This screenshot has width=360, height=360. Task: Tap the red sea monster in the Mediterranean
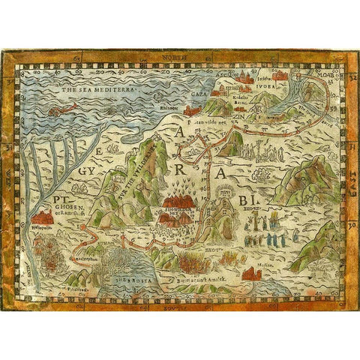pos(61,110)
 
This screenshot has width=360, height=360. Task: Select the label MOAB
pos(332,77)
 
